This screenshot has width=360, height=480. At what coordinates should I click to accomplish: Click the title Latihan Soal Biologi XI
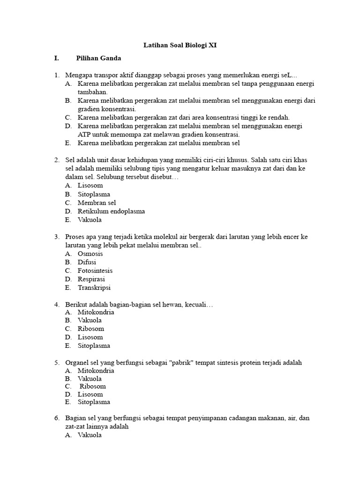pyautogui.click(x=180, y=45)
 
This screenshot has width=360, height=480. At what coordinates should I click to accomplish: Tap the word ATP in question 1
pyautogui.click(x=84, y=135)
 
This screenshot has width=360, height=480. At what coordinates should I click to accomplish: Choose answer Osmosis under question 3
pyautogui.click(x=90, y=254)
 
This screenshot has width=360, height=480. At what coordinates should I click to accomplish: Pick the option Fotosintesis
pyautogui.click(x=95, y=270)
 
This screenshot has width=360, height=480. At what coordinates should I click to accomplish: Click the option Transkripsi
pyautogui.click(x=94, y=287)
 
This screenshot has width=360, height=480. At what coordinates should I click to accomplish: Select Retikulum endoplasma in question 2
pyautogui.click(x=111, y=211)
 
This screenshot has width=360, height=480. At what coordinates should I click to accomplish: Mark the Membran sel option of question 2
pyautogui.click(x=97, y=202)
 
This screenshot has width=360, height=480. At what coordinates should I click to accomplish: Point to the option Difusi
pyautogui.click(x=87, y=262)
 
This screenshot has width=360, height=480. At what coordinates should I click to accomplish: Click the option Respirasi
pyautogui.click(x=91, y=279)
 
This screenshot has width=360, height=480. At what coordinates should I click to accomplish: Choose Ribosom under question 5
pyautogui.click(x=93, y=386)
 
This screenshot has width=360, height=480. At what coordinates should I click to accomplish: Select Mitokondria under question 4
pyautogui.click(x=96, y=312)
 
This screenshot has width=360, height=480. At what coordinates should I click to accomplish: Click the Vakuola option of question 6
pyautogui.click(x=90, y=435)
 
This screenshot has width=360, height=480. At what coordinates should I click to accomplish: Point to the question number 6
pyautogui.click(x=57, y=418)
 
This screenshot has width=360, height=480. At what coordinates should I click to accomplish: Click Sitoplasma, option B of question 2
pyautogui.click(x=94, y=194)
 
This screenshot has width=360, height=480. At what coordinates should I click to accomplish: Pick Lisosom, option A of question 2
pyautogui.click(x=90, y=186)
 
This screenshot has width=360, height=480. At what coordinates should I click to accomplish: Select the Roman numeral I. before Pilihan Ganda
pyautogui.click(x=56, y=58)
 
